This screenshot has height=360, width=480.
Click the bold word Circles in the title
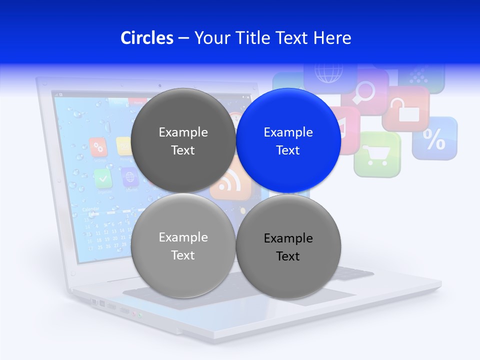pyautogui.click(x=147, y=38)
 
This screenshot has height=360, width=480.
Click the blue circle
pyautogui.click(x=288, y=141)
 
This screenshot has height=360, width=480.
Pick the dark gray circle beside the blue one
pyautogui.click(x=183, y=141)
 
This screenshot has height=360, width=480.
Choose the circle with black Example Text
pyautogui.click(x=288, y=246)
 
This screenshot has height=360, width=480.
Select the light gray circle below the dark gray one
pyautogui.click(x=183, y=246)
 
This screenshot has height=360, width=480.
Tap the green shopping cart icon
pyautogui.click(x=377, y=155)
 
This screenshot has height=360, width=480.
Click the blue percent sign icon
pyautogui.click(x=434, y=139)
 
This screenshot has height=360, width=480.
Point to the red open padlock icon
pyautogui.click(x=406, y=108)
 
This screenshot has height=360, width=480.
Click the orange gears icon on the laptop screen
pyautogui.click(x=98, y=147)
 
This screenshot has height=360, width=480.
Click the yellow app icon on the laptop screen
pyautogui.click(x=123, y=145)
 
